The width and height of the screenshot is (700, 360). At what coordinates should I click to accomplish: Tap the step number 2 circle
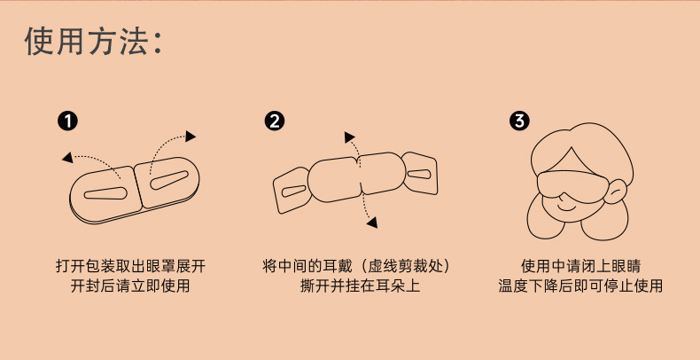click(x=275, y=120)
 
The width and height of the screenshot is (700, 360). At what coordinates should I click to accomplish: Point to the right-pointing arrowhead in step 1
click(x=191, y=136)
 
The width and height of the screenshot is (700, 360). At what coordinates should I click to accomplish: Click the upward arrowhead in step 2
click(x=349, y=137)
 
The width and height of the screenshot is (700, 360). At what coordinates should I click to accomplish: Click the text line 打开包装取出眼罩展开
click(x=130, y=266)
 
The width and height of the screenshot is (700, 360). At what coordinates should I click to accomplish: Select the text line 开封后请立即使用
click(x=130, y=286)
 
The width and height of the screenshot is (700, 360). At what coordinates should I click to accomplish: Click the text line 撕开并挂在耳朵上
click(x=360, y=286)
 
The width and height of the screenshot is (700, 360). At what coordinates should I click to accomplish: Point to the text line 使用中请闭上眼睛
click(x=580, y=266)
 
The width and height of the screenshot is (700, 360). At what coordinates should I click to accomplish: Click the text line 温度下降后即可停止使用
click(x=580, y=286)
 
